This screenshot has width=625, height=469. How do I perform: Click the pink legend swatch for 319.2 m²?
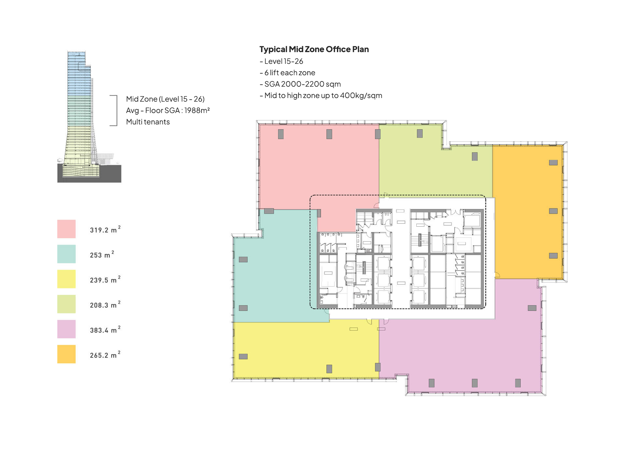coord(66,229)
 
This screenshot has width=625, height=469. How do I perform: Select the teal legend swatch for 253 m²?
coord(66,254)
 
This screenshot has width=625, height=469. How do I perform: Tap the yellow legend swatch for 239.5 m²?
coord(66,279)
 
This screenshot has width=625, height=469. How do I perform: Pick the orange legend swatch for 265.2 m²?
coord(66,354)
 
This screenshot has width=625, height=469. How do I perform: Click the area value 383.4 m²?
coord(105,330)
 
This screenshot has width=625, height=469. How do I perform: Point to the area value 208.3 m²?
coord(105,305)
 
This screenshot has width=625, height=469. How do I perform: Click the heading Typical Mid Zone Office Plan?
coord(314,49)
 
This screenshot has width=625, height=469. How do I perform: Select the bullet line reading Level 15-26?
coord(282,61)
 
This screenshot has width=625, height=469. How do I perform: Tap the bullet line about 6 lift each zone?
coord(287,73)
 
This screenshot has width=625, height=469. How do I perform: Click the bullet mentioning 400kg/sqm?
coord(321,95)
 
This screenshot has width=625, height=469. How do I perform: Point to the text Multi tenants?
coord(148,122)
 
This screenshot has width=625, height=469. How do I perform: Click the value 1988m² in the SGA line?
coord(197,110)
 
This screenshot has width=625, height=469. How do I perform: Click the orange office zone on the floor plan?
coord(527,212)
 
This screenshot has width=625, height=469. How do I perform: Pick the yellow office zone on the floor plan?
coord(306,350)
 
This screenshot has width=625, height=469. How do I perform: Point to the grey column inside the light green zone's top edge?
coord(420,134)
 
